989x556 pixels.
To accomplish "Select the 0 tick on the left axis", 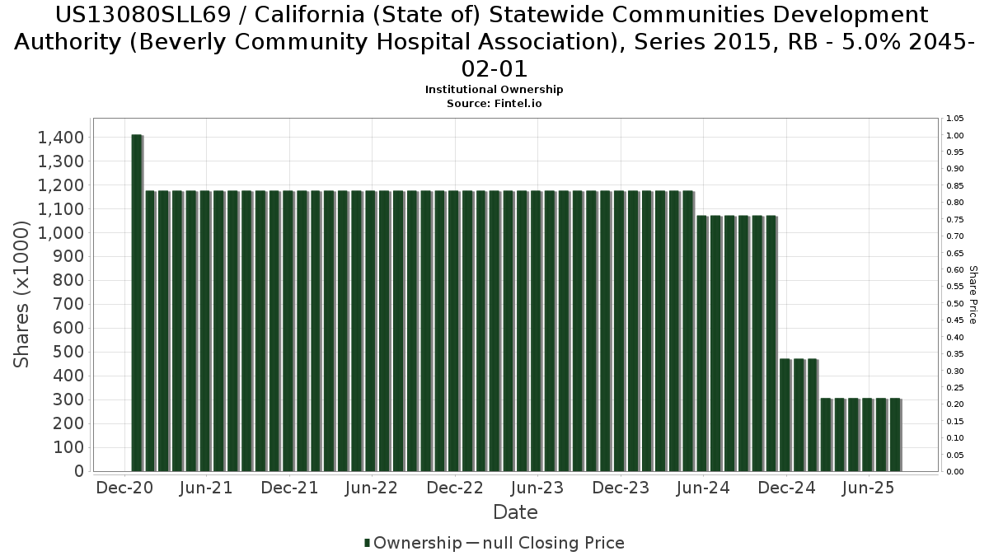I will click(x=78, y=471).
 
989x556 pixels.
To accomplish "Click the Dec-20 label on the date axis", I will click(x=124, y=488).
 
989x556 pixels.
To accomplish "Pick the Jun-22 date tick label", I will click(x=372, y=488).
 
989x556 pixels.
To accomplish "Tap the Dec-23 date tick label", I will click(x=621, y=488).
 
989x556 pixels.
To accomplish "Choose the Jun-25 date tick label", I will click(x=868, y=488).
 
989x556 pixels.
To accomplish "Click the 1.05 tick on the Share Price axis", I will click(x=955, y=119).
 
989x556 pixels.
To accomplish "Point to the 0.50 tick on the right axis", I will click(x=955, y=303).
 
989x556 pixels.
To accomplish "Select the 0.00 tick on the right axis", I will click(x=955, y=472).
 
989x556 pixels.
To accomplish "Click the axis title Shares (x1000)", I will click(x=24, y=297).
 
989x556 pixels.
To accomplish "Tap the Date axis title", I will click(x=515, y=512).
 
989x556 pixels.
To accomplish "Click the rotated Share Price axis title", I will click(x=973, y=295).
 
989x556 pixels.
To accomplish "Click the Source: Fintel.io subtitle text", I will click(x=494, y=104).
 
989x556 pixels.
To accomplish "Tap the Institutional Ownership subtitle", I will click(x=494, y=89).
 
